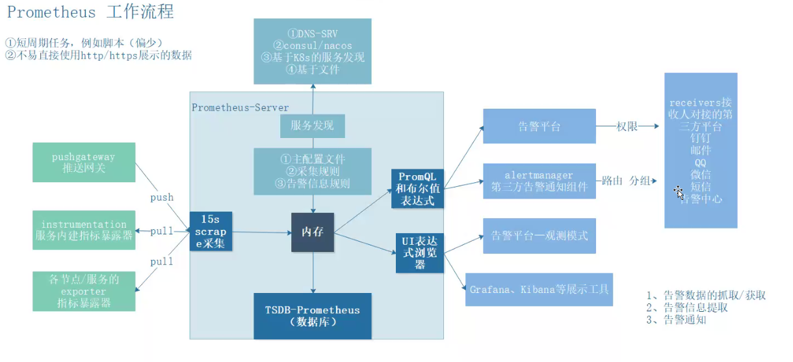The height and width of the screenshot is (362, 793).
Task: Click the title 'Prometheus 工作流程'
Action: tap(90, 12)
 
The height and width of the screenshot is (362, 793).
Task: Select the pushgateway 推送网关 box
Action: tap(84, 162)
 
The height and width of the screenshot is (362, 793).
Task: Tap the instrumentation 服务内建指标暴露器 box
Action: tap(84, 230)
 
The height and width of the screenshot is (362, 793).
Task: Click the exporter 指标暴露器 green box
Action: tap(84, 291)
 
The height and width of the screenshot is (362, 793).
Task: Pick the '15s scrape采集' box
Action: tap(211, 231)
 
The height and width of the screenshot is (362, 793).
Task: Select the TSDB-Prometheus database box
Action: tap(313, 316)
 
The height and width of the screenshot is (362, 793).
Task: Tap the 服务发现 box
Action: tap(313, 126)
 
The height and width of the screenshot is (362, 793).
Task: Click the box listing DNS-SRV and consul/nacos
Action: tap(313, 51)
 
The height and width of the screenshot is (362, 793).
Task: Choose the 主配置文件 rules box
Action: tap(313, 171)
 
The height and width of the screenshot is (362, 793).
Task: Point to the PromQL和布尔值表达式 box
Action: tap(418, 189)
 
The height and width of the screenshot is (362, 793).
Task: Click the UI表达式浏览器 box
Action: tap(419, 252)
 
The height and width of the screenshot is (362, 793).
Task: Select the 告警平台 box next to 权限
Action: tap(539, 126)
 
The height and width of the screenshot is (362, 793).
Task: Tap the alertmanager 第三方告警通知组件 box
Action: tap(539, 181)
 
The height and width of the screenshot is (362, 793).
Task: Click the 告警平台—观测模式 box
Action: tap(539, 236)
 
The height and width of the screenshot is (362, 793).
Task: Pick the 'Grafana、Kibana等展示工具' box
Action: tap(539, 289)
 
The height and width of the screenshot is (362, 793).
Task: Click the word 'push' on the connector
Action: tap(162, 197)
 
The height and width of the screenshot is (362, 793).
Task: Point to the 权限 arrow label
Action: tap(627, 127)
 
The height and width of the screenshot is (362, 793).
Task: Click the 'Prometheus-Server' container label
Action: tap(240, 107)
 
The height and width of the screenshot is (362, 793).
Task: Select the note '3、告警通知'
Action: tap(676, 320)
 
